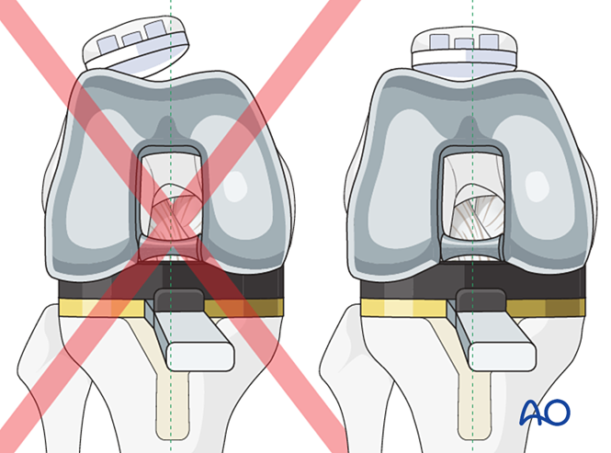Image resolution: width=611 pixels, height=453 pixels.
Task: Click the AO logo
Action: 545,412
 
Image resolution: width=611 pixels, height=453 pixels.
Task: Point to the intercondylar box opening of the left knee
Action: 170,198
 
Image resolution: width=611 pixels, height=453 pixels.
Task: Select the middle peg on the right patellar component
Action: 463,40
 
